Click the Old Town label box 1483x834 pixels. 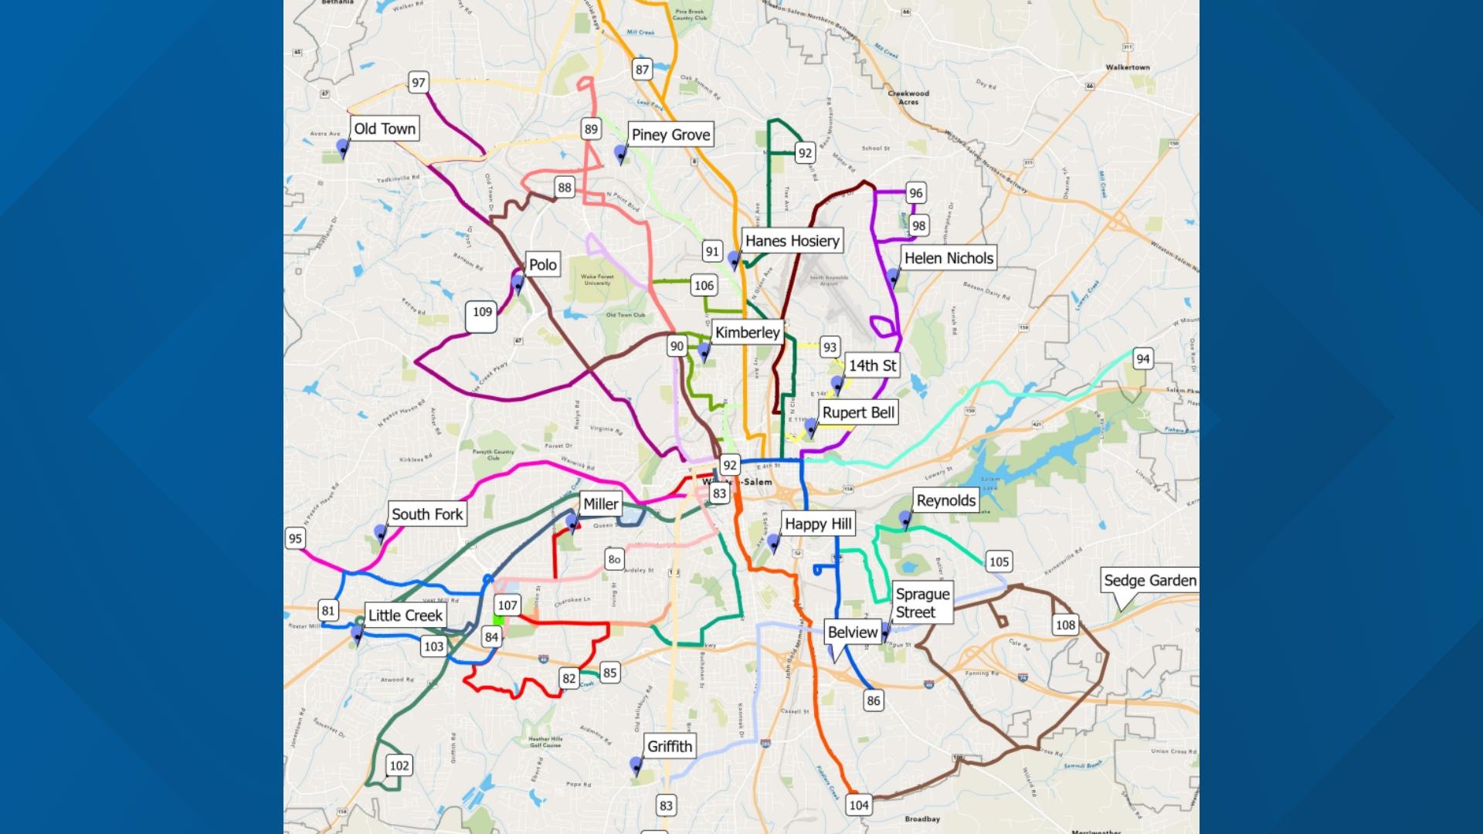tap(385, 129)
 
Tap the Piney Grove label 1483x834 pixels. tap(670, 135)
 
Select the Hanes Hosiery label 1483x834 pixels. tap(792, 241)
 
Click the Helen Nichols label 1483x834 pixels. tap(948, 258)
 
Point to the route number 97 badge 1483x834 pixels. tap(418, 83)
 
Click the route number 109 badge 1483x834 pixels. tap(482, 313)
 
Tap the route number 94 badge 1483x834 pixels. tap(1142, 358)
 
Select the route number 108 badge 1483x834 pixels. tap(1065, 625)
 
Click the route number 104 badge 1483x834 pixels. tap(859, 805)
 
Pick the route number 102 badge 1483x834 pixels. tap(399, 765)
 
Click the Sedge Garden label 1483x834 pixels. tap(1149, 581)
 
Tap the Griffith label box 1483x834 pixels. tap(669, 746)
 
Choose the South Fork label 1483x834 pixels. tap(426, 514)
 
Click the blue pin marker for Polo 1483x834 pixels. tap(518, 284)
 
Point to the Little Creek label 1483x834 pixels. tap(405, 615)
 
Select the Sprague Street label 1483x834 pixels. tap(922, 603)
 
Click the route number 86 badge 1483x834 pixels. tap(873, 700)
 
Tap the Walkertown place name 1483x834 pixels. tap(1127, 67)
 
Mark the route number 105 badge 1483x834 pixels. tap(999, 561)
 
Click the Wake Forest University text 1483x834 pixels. tap(597, 280)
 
